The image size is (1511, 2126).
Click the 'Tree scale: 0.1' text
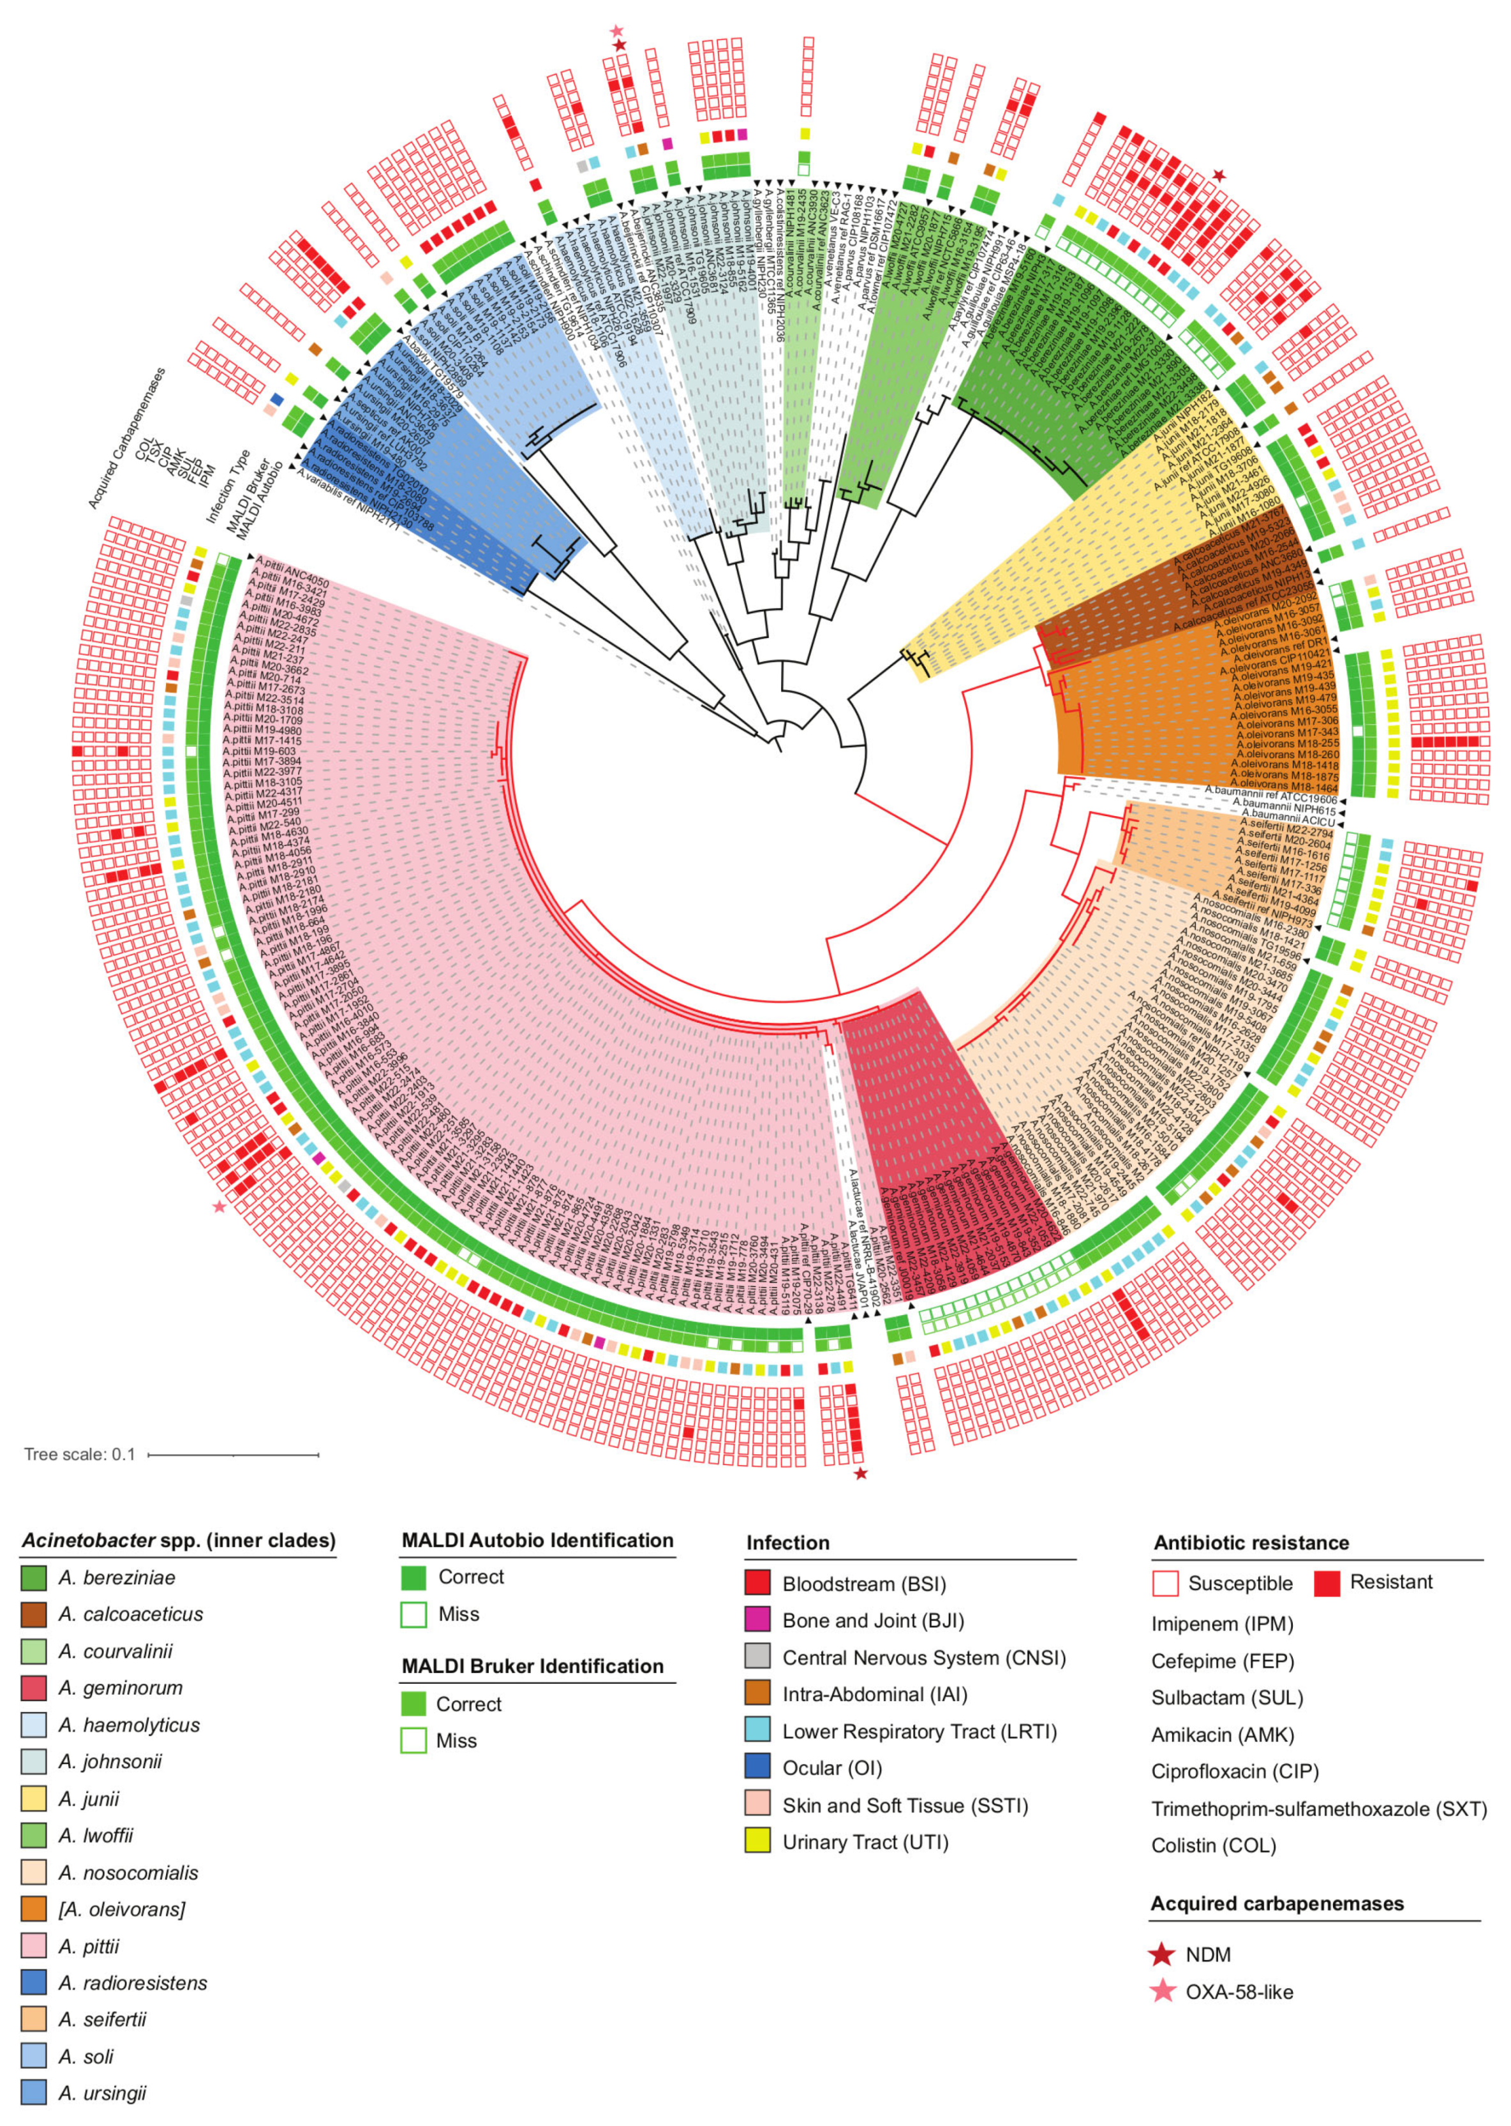click(79, 1454)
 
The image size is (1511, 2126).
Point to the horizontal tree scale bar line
click(233, 1454)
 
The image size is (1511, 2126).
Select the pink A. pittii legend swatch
click(33, 1947)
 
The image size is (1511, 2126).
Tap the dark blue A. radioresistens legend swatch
click(33, 1982)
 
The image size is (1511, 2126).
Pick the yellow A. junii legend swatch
click(33, 1799)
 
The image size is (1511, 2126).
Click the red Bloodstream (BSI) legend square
click(757, 1584)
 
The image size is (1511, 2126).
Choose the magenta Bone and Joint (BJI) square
click(757, 1620)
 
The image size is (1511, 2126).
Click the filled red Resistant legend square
click(1327, 1582)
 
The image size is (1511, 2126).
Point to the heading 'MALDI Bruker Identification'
click(532, 1667)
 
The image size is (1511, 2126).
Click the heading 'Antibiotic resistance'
click(1251, 1543)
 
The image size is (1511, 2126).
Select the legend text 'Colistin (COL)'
click(1213, 1845)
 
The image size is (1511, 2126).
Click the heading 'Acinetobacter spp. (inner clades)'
click(178, 1541)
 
